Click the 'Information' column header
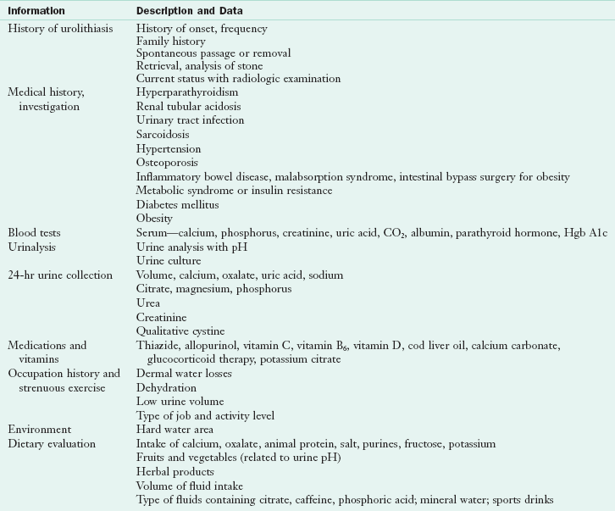click(37, 11)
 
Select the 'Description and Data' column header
click(189, 11)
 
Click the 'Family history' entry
click(170, 41)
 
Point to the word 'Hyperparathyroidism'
click(187, 92)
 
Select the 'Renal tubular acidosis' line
click(188, 107)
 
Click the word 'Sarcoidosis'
click(163, 134)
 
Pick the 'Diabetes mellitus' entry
click(177, 204)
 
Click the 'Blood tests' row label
click(34, 232)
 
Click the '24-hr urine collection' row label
click(60, 275)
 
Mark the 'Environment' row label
click(39, 430)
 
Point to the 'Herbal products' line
click(175, 472)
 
